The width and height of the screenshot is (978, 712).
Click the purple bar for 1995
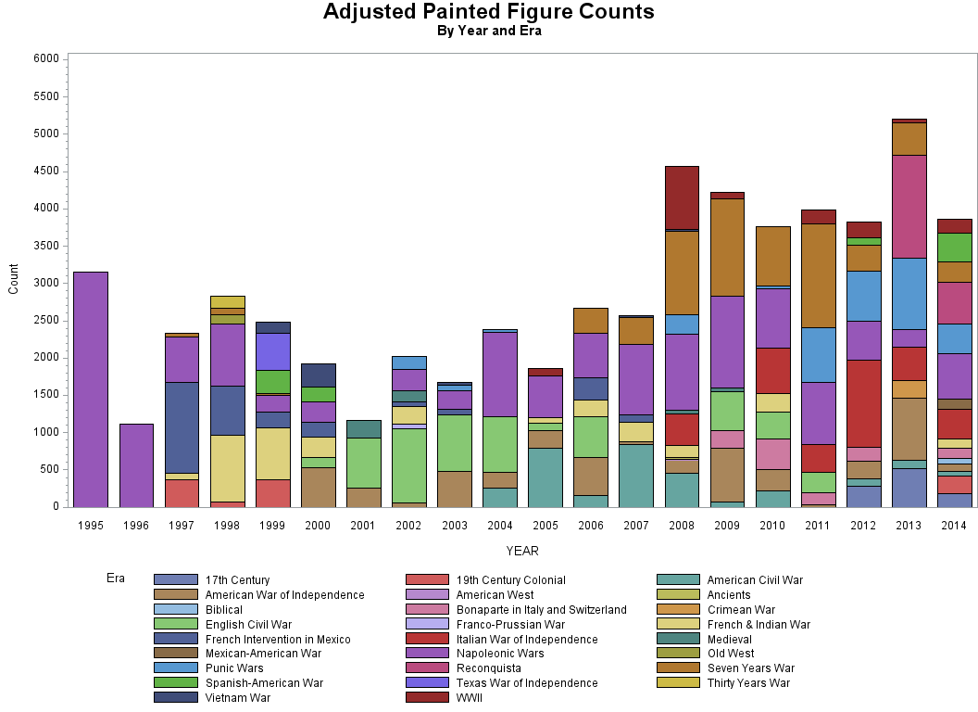click(x=91, y=389)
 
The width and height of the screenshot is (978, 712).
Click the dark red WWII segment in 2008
click(x=682, y=197)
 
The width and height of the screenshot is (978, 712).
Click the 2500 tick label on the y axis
click(x=48, y=320)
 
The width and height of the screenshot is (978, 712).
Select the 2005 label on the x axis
click(x=545, y=526)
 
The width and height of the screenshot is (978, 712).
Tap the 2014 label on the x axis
click(x=953, y=526)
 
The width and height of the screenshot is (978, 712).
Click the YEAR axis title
click(x=522, y=551)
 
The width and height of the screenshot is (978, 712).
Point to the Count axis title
click(x=14, y=279)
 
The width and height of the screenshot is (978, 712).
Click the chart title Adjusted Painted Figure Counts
click(x=488, y=12)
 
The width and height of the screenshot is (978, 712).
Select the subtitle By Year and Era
click(x=488, y=31)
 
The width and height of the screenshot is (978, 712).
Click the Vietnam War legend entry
click(x=237, y=697)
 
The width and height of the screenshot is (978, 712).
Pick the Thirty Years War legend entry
click(x=748, y=682)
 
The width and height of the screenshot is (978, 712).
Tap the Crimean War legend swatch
click(x=677, y=609)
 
